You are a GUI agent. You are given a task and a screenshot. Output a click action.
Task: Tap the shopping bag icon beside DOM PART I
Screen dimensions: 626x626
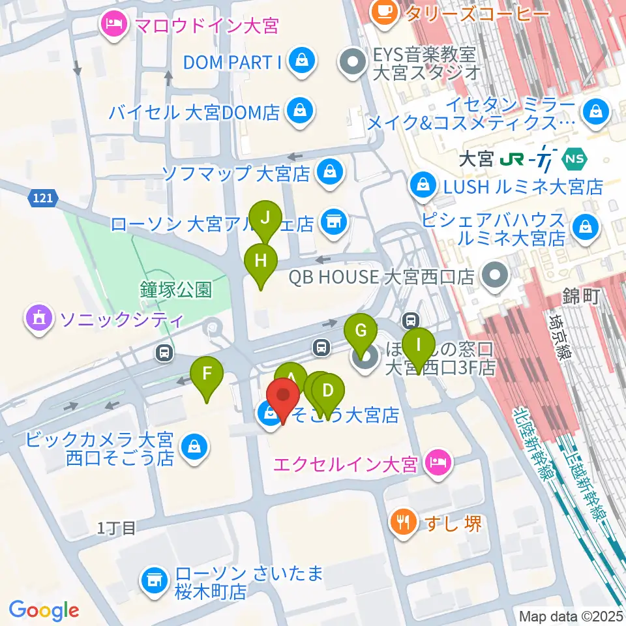pyautogui.click(x=302, y=63)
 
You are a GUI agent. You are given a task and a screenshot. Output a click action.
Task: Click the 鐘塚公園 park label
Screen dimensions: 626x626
pyautogui.click(x=175, y=290)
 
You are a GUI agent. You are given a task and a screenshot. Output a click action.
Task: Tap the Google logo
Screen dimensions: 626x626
pyautogui.click(x=44, y=610)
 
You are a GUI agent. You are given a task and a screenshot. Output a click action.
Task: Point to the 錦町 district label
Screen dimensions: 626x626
pyautogui.click(x=580, y=295)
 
